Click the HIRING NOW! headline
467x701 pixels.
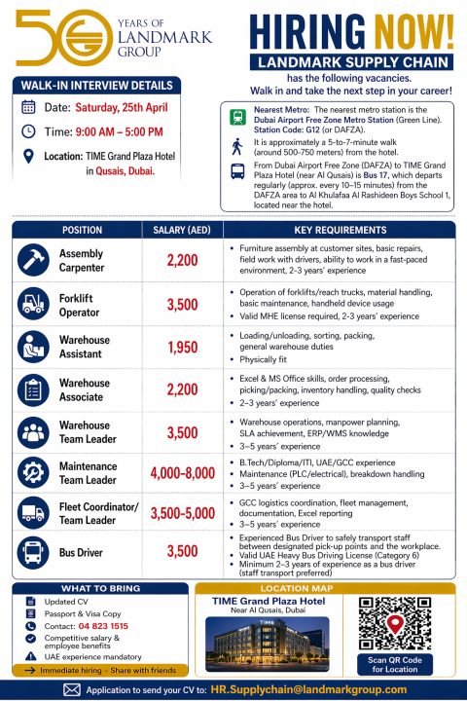click(351, 30)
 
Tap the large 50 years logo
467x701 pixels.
click(49, 38)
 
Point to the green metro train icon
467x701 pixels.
click(237, 119)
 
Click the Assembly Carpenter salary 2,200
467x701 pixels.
click(182, 260)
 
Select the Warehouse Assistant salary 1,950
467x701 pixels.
click(182, 348)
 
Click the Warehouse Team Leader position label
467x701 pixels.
click(85, 431)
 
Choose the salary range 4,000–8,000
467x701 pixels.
click(182, 474)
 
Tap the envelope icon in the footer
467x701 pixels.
click(71, 688)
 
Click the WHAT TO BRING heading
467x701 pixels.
click(100, 588)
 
